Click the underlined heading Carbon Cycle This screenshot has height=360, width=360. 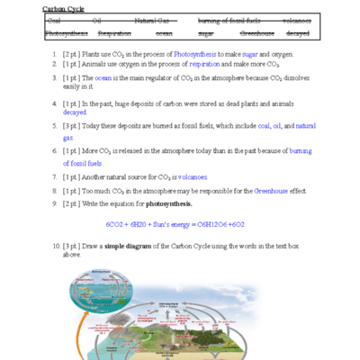click(x=58, y=8)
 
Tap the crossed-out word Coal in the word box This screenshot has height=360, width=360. click(x=54, y=19)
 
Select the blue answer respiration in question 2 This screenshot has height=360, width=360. click(x=202, y=67)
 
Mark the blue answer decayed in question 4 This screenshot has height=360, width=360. click(x=76, y=113)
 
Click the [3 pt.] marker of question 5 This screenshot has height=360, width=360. click(x=73, y=127)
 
